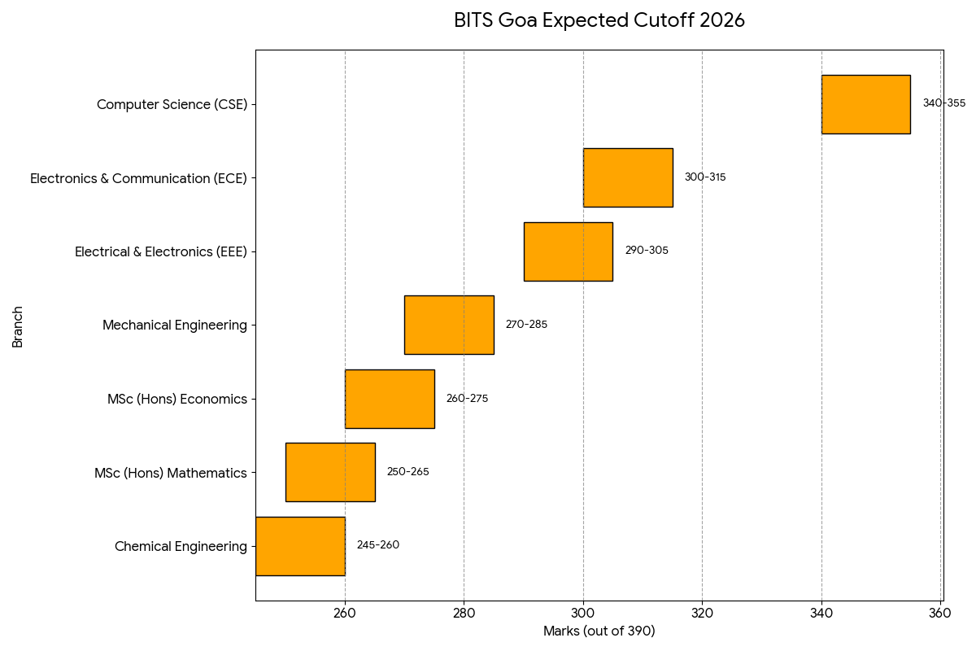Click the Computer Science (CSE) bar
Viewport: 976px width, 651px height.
click(865, 104)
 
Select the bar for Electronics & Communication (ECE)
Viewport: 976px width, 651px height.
click(628, 177)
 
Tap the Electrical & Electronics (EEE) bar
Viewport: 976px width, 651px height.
click(568, 251)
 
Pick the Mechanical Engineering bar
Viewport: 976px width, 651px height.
click(449, 325)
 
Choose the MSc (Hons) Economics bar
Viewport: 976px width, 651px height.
click(390, 399)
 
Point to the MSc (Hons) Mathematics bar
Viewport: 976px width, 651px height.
click(330, 472)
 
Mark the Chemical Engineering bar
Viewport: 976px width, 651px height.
click(300, 546)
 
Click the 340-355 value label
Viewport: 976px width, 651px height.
click(943, 103)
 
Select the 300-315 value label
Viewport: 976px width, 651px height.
click(705, 177)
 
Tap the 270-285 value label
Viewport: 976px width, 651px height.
click(526, 325)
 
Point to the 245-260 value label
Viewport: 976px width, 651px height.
click(378, 545)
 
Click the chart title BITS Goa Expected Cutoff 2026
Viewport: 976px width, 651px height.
click(599, 21)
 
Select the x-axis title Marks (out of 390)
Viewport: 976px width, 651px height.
click(599, 631)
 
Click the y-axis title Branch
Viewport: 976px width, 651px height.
click(18, 325)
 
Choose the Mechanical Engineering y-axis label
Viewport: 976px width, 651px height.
click(175, 325)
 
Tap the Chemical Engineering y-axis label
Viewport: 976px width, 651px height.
click(181, 547)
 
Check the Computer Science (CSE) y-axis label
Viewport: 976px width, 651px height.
click(172, 104)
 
